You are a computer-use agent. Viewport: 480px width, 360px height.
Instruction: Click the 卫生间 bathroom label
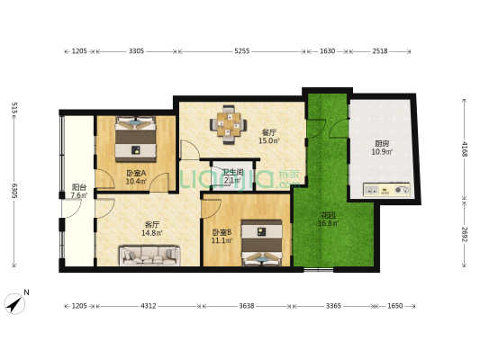232,172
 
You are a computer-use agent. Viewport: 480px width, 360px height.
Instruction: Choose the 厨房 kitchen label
383,143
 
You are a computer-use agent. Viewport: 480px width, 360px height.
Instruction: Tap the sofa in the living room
149,256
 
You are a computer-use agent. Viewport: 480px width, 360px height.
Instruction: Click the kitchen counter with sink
386,190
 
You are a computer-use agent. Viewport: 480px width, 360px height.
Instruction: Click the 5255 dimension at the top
241,51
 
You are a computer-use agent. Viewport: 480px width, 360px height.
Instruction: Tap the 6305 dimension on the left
15,191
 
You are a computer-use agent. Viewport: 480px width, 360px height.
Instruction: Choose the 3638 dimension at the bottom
247,306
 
